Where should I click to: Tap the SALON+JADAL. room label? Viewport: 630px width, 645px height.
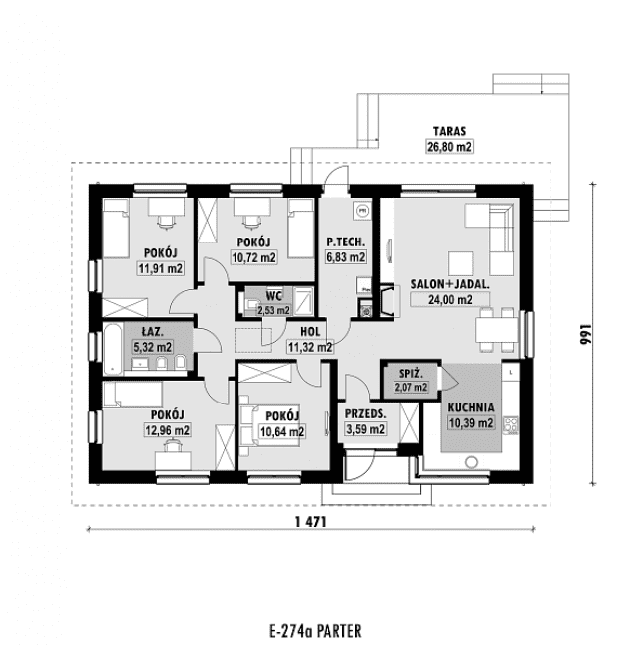[x=449, y=282]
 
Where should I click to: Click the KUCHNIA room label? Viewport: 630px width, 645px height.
[x=471, y=407]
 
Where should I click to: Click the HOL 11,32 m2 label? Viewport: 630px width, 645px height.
[x=310, y=340]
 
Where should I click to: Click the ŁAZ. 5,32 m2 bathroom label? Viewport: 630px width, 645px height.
[x=152, y=340]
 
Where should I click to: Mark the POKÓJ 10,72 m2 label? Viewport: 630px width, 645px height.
[x=253, y=249]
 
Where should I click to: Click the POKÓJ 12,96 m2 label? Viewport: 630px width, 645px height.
[x=165, y=422]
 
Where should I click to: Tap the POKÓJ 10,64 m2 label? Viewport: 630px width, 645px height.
[x=281, y=422]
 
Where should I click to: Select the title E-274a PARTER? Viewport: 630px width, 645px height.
[x=314, y=629]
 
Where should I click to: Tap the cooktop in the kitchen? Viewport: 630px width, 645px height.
[x=513, y=424]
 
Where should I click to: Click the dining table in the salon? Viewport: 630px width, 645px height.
[x=496, y=330]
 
